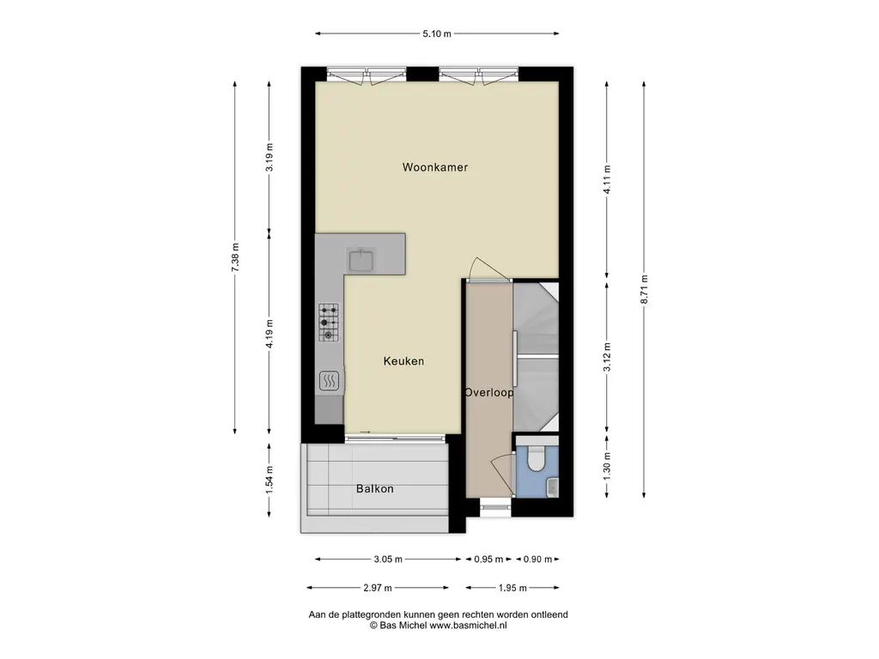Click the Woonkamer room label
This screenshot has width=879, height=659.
[x=435, y=167]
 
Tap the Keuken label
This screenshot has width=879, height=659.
[x=403, y=361]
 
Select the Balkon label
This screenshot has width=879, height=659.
[x=374, y=488]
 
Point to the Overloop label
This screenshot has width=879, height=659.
[x=488, y=392]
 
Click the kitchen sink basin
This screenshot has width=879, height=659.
[x=361, y=260]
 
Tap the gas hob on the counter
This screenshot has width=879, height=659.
[x=329, y=323]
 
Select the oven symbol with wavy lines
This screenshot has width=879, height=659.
[x=329, y=382]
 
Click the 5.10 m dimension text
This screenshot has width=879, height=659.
[x=437, y=33]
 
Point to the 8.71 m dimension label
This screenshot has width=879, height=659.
[x=644, y=290]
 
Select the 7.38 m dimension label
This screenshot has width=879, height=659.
[x=235, y=257]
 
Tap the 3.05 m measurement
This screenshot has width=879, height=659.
[x=388, y=559]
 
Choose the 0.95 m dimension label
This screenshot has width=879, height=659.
[x=488, y=559]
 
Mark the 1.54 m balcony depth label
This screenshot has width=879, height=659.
[x=269, y=481]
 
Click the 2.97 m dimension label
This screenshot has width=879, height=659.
[x=378, y=588]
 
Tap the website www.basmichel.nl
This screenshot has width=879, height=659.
[x=468, y=626]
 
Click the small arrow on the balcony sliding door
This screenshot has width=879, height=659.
[x=365, y=432]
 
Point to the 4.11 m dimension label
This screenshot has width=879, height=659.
[x=607, y=180]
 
